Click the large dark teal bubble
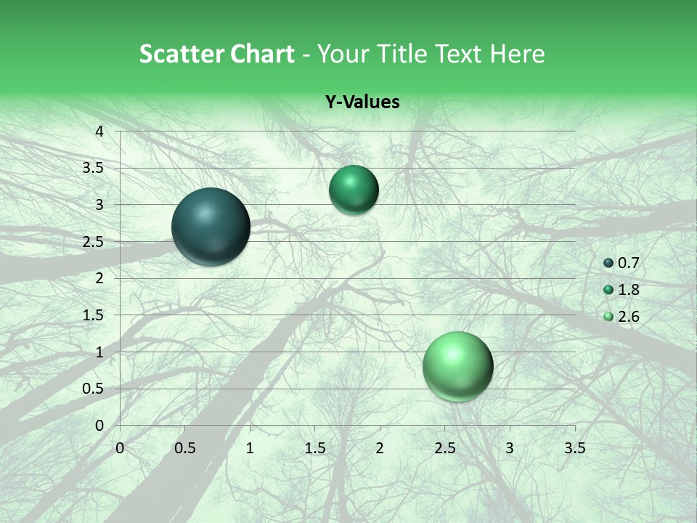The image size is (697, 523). click(211, 227)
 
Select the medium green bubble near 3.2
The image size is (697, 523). click(354, 190)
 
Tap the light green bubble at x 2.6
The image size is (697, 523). click(457, 366)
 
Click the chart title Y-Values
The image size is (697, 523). click(362, 102)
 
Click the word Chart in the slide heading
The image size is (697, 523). click(261, 54)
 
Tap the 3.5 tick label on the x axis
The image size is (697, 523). click(574, 448)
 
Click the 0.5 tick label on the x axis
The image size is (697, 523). click(185, 448)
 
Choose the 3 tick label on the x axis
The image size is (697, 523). click(510, 448)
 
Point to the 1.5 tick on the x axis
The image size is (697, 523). click(314, 448)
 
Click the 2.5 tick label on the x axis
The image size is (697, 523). click(444, 448)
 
